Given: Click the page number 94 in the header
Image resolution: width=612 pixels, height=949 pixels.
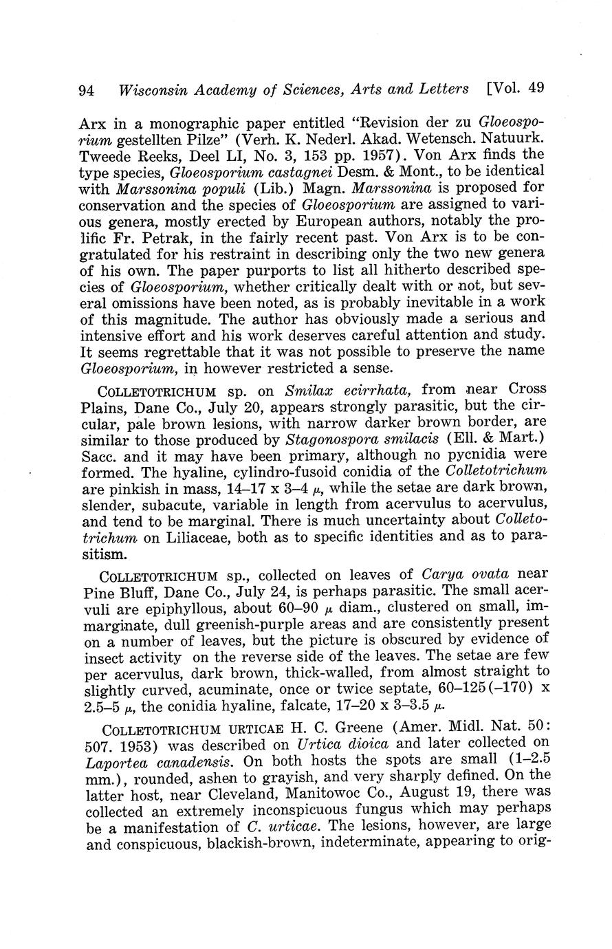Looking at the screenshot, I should pos(86,90).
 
